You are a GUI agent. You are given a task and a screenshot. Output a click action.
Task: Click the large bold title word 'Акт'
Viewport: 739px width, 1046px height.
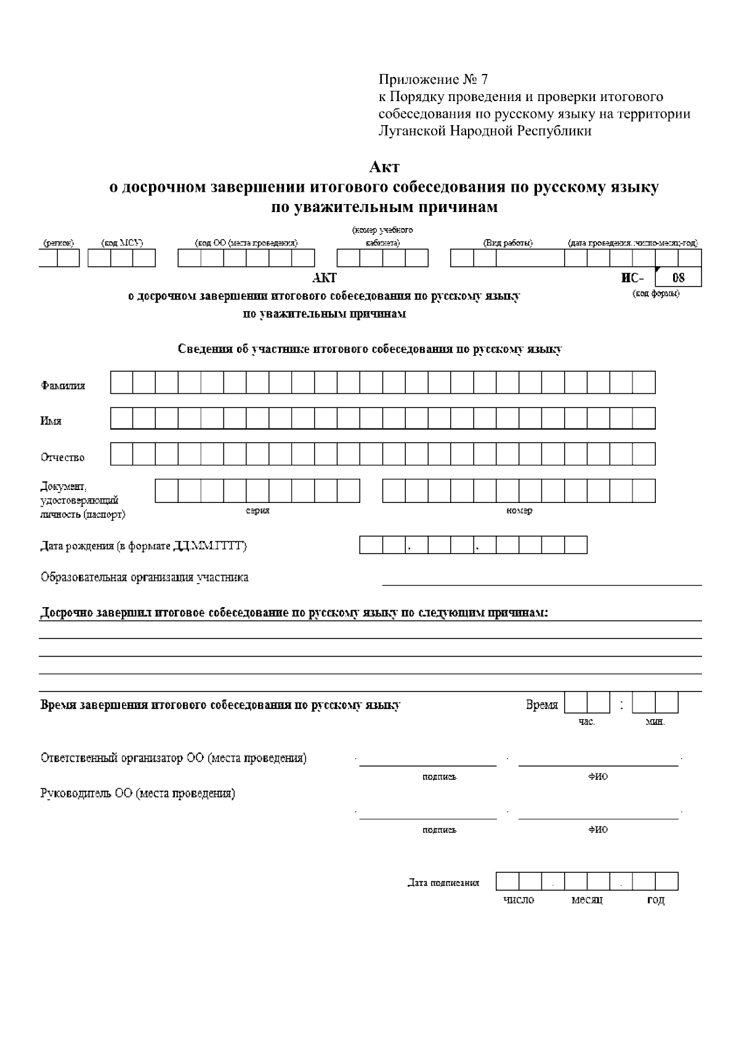pos(384,167)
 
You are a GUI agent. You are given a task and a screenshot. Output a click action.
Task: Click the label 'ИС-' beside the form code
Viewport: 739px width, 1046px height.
pos(632,278)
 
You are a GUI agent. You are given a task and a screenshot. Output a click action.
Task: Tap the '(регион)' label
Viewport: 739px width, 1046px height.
pos(59,243)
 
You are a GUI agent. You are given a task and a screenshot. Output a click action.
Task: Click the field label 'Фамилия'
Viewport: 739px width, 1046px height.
pos(63,386)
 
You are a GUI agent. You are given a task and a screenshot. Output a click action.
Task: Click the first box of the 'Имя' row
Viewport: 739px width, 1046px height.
pos(122,419)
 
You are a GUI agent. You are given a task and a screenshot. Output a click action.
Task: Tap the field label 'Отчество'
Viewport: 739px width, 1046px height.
pos(63,457)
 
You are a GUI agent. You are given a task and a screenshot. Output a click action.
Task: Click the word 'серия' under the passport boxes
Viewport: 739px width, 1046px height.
pos(257,510)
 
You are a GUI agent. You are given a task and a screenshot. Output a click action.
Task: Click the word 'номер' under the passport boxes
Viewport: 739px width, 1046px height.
pos(519,510)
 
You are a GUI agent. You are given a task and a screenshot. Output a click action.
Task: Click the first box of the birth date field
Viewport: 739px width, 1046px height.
pos(371,545)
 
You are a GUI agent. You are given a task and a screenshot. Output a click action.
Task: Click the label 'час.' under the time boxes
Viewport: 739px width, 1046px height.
pos(586,722)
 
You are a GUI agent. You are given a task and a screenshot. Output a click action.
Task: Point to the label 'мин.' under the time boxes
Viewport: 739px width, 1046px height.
pos(655,722)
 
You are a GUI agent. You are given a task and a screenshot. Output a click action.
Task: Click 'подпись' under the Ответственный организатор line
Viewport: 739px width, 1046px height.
pos(439,777)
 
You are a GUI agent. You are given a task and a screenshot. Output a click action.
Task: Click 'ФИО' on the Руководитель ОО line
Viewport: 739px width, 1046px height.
pos(597,830)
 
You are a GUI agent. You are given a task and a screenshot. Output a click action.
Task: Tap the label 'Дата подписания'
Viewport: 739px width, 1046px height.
pos(443,883)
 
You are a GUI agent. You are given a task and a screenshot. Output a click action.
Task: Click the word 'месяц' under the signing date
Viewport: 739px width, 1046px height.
pos(587,900)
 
